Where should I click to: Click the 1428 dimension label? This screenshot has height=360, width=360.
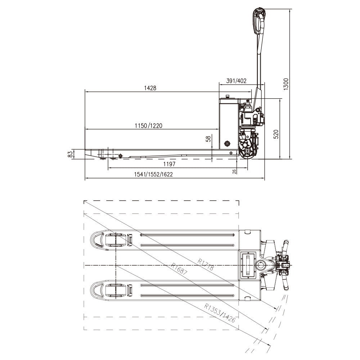click(150, 88)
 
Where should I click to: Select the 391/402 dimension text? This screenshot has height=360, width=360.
click(236, 81)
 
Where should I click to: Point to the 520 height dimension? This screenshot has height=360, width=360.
click(276, 134)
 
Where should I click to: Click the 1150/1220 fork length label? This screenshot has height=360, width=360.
click(149, 126)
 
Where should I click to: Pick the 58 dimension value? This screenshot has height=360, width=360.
click(208, 139)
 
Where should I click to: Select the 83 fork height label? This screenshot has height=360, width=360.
click(71, 154)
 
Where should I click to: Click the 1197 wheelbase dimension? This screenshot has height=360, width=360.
click(169, 164)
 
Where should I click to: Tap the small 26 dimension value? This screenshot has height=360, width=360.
click(235, 171)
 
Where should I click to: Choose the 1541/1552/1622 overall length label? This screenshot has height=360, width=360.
click(153, 175)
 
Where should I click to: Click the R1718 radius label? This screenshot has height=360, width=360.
click(206, 265)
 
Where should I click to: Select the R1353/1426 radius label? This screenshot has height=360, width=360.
click(220, 312)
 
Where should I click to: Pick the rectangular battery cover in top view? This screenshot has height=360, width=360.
click(248, 265)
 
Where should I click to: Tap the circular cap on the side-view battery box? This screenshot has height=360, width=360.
click(227, 144)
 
